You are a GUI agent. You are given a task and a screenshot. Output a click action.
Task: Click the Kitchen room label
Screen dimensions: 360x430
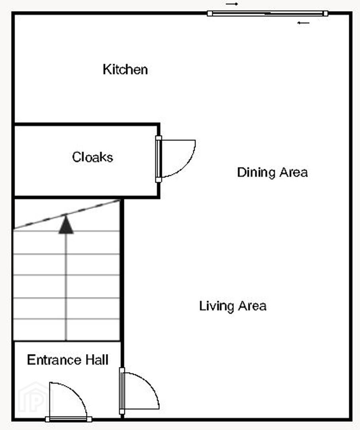(x=125, y=69)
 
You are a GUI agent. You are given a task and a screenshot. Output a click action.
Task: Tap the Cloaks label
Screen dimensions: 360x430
(x=92, y=157)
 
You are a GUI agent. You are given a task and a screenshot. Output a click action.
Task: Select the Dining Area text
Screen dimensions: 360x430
(x=272, y=172)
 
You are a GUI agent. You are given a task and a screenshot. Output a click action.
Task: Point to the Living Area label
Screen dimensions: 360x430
(x=233, y=306)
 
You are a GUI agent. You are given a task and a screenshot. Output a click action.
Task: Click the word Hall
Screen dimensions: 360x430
(x=97, y=360)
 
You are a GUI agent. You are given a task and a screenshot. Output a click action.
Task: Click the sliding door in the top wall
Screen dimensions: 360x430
(x=268, y=14)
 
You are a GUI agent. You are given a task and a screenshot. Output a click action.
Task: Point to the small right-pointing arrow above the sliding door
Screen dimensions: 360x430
(x=232, y=4)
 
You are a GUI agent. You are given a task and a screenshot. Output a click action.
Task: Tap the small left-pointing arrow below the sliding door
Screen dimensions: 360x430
(x=303, y=23)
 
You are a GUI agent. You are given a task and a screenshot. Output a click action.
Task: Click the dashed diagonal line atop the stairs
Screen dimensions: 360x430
(x=67, y=214)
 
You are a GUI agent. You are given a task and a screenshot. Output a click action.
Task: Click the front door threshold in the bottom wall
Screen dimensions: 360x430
(x=68, y=419)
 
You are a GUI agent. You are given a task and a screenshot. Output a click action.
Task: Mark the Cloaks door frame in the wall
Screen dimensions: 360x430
(x=158, y=159)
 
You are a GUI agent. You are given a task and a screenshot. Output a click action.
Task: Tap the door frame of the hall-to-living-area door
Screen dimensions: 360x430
(x=122, y=391)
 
